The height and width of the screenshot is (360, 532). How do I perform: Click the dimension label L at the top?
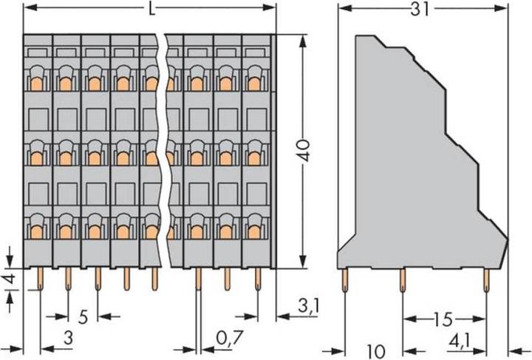151,10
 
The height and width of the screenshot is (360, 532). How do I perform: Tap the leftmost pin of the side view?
344,279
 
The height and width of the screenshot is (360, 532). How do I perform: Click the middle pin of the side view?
402,279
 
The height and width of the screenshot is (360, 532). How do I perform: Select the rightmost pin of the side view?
486,279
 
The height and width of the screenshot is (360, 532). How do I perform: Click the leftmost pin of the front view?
38,278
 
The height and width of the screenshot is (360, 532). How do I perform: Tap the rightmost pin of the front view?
258,278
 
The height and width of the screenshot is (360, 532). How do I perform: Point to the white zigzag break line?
167,148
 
